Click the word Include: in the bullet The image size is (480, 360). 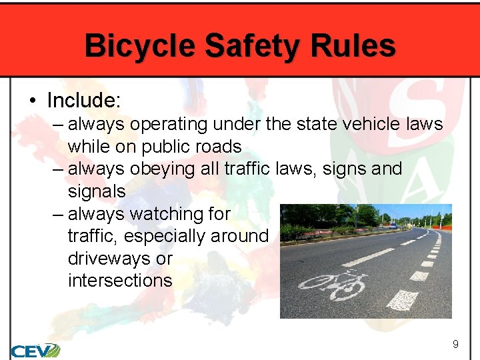tap(83, 101)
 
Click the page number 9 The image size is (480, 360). tap(455, 345)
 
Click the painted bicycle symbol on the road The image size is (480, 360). tap(333, 284)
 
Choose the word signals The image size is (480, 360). tap(97, 191)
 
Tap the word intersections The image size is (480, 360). tap(120, 281)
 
